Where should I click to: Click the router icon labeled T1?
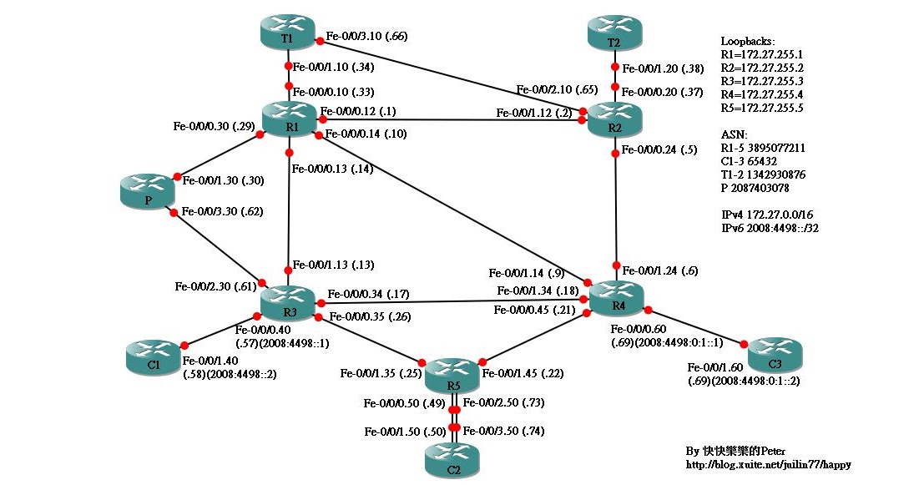pos(287,33)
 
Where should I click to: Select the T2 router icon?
pos(614,37)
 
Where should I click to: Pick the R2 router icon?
pos(614,120)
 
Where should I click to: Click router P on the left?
pos(146,195)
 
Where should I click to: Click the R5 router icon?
pos(453,377)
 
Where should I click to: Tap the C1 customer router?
pos(153,359)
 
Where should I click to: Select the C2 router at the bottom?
pos(453,461)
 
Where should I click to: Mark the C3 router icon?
pos(775,356)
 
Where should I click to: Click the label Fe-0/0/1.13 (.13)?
pos(333,265)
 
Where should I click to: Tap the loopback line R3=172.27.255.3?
pos(761,82)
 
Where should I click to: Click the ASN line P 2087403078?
pos(755,189)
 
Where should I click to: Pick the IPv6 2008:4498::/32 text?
pos(769,226)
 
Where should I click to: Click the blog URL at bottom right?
pos(768,465)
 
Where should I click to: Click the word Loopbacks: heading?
pos(747,41)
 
